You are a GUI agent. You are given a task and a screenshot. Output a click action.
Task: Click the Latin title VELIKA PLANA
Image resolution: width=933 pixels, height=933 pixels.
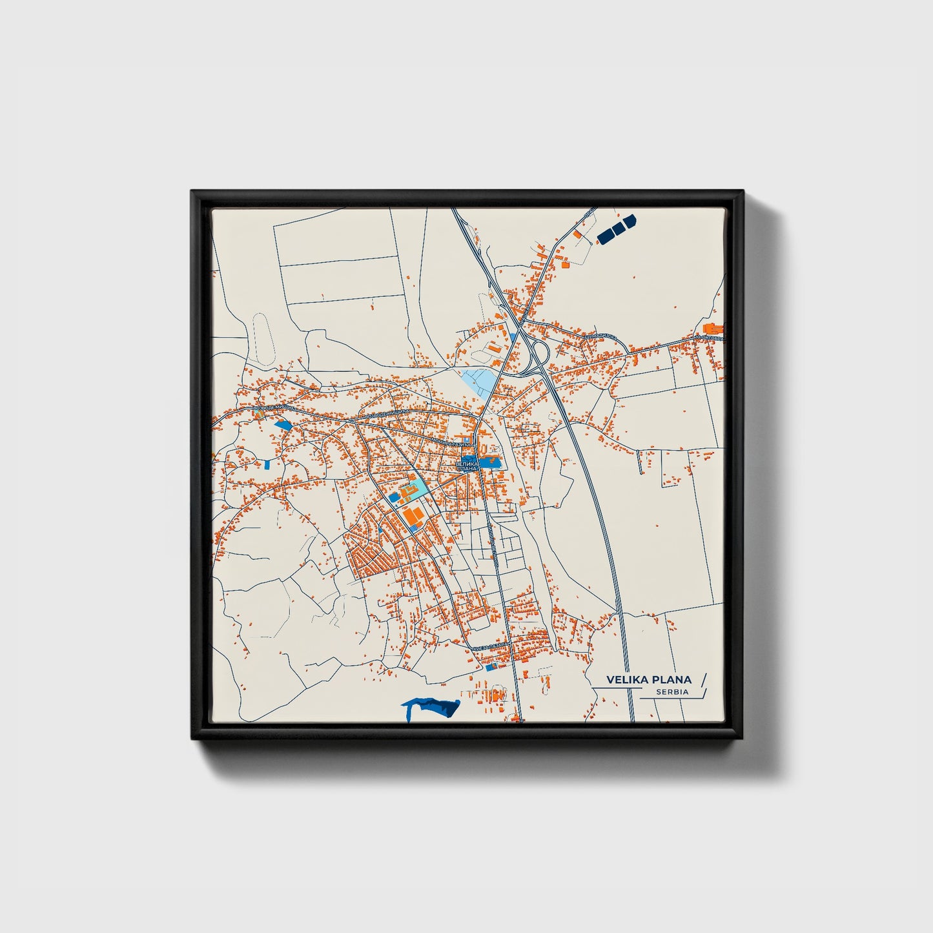pyautogui.click(x=648, y=679)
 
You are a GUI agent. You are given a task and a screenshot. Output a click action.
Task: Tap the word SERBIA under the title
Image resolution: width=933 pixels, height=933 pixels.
pyautogui.click(x=672, y=692)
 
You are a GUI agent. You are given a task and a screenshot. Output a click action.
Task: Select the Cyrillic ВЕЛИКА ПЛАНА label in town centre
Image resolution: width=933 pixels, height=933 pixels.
pyautogui.click(x=466, y=466)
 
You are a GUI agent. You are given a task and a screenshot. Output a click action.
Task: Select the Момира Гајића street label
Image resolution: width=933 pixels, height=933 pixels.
pyautogui.click(x=452, y=443)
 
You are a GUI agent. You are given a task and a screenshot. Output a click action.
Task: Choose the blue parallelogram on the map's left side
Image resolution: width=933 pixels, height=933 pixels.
pyautogui.click(x=283, y=425)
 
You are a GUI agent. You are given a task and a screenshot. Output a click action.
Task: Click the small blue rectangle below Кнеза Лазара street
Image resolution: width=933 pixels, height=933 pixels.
pyautogui.click(x=491, y=666)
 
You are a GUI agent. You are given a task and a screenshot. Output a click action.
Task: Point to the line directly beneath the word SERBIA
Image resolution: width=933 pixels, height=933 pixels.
pyautogui.click(x=672, y=698)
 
